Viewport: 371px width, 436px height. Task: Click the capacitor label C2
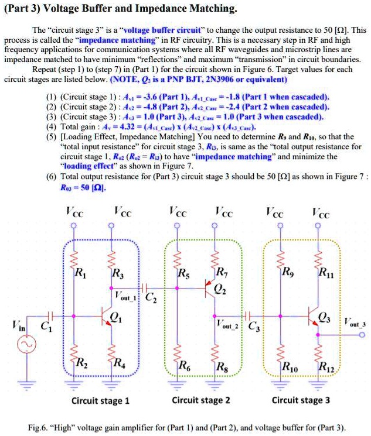pos(151,297)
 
